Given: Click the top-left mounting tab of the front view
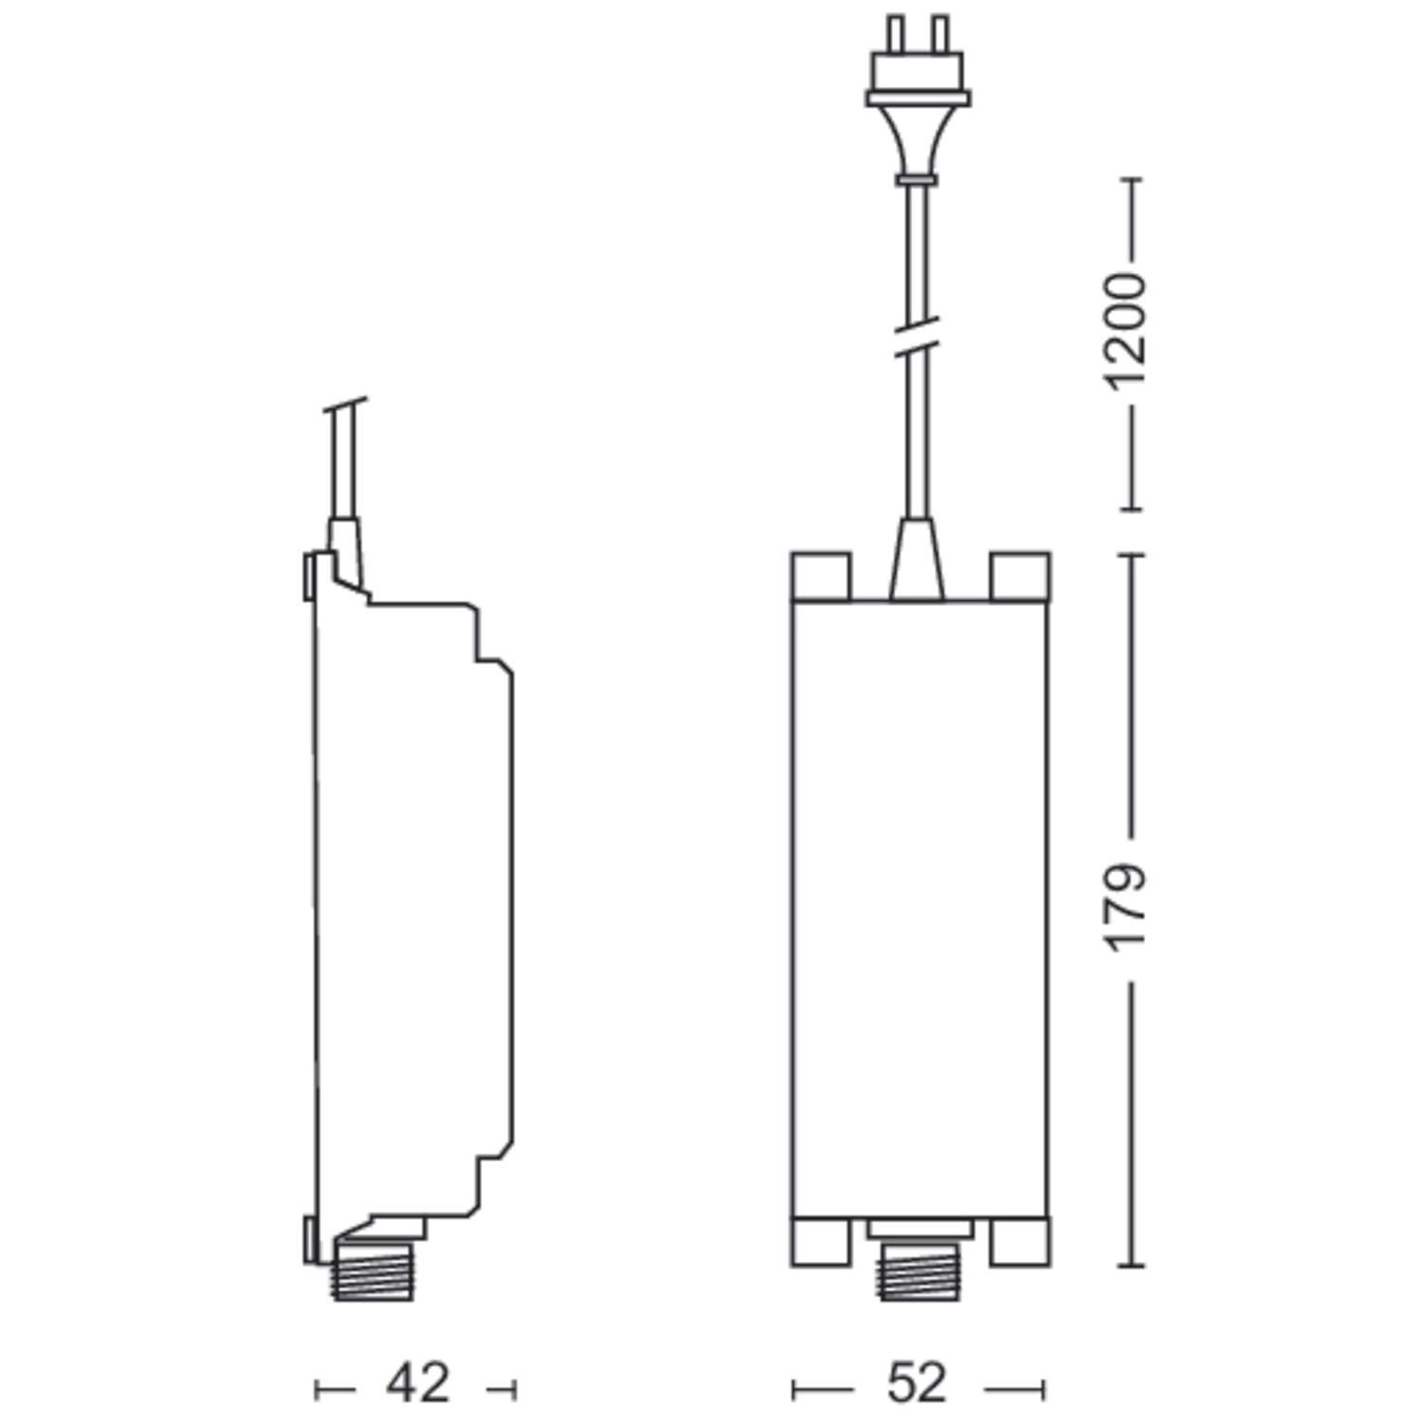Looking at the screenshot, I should click(x=821, y=575).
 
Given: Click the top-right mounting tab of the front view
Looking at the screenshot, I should click(x=1019, y=575).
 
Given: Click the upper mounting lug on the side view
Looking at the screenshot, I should click(x=308, y=576).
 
